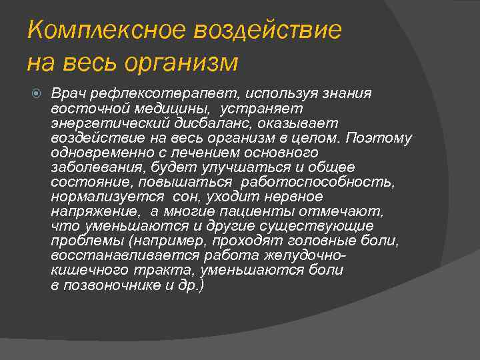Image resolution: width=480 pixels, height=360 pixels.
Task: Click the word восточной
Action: coord(82,109)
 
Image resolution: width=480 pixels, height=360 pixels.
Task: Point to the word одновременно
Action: coord(97,153)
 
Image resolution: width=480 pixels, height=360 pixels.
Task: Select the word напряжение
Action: coord(95,211)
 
